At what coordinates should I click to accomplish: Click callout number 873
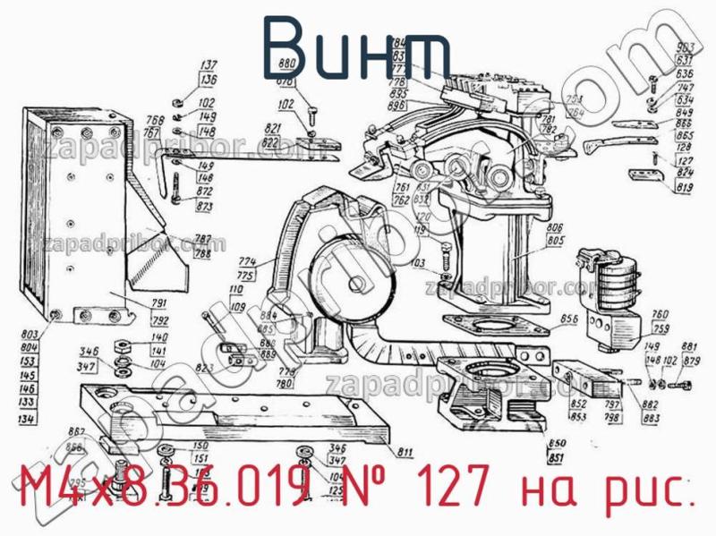[204, 207]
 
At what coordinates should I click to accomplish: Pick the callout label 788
[203, 253]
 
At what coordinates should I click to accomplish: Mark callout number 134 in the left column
[28, 417]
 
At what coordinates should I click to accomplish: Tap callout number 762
[401, 199]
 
